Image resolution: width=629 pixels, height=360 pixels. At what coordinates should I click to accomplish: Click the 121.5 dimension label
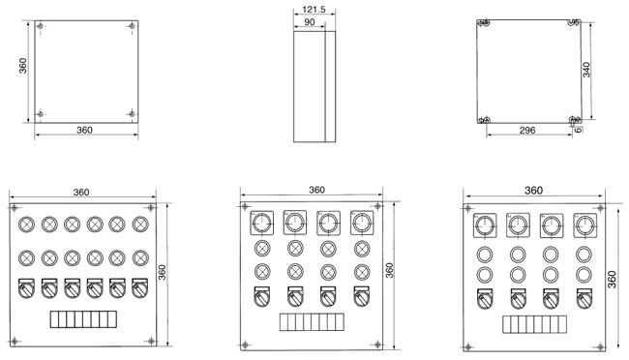pyautogui.click(x=314, y=10)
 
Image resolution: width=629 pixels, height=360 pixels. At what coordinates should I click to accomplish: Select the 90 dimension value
pyautogui.click(x=310, y=22)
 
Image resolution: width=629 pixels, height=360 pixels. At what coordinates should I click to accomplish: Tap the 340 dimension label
pyautogui.click(x=586, y=70)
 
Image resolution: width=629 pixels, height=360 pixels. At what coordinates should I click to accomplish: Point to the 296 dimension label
pyautogui.click(x=527, y=130)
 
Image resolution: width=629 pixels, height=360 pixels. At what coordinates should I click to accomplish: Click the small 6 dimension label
pyautogui.click(x=578, y=130)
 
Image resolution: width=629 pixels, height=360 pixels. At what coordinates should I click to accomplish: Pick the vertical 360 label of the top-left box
pyautogui.click(x=23, y=66)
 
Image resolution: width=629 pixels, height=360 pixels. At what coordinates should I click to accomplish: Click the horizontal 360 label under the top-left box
pyautogui.click(x=84, y=130)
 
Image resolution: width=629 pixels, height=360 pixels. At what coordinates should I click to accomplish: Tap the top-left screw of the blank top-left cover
pyautogui.click(x=40, y=26)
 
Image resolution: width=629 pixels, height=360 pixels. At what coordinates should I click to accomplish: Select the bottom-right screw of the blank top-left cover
pyautogui.click(x=132, y=114)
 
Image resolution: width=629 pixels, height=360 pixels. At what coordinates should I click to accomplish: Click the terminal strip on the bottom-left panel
pyautogui.click(x=83, y=319)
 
